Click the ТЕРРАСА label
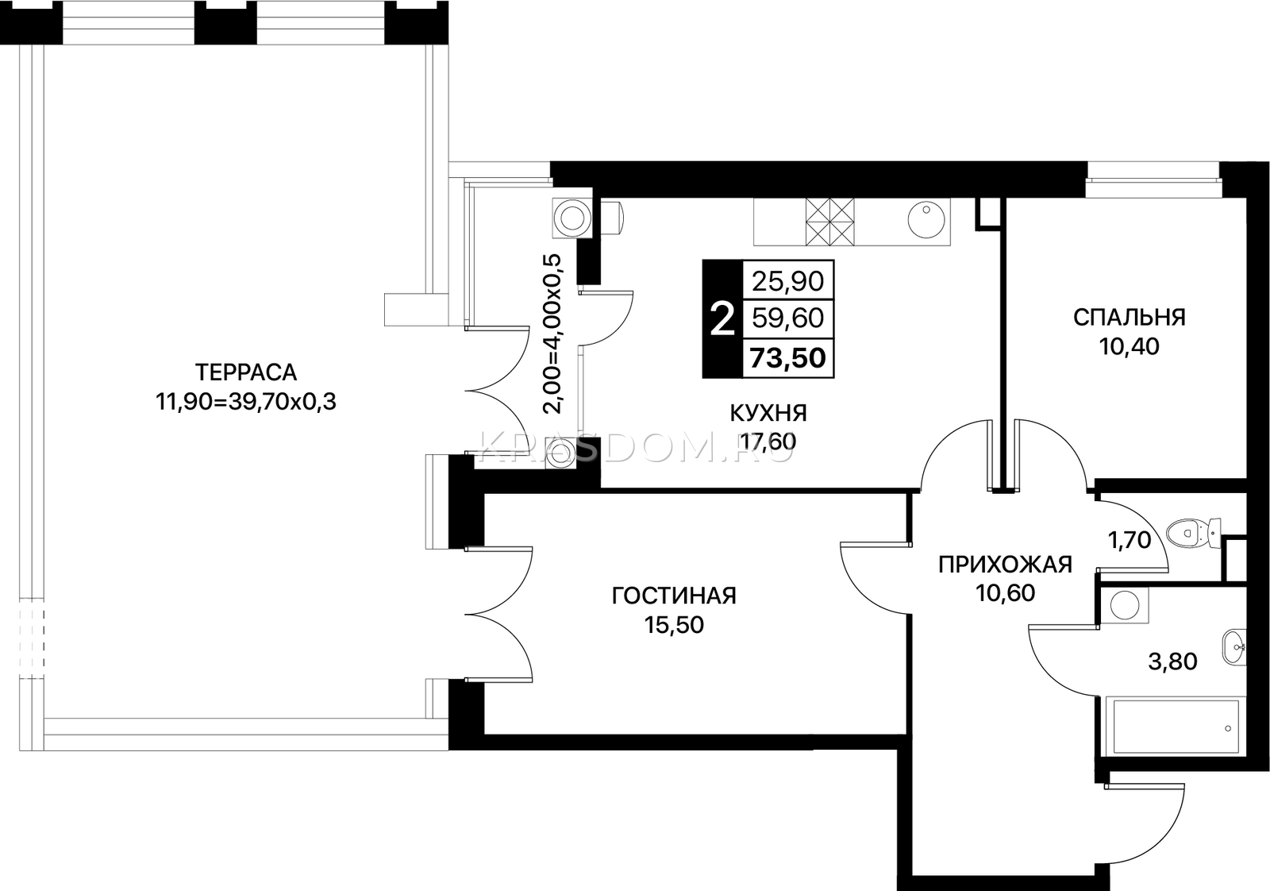coord(246,372)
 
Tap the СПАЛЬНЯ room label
coord(1130,318)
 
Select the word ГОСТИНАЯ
coord(674,596)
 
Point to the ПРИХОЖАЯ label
coord(1005,565)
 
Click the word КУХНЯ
coord(768,414)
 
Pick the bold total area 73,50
coord(787,358)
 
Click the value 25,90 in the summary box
coord(787,281)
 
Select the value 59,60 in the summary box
coord(787,318)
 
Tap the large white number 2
coord(722,320)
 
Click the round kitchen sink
coord(926,222)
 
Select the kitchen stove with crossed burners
coord(829,222)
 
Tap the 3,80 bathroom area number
coord(1172,661)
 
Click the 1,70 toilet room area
coord(1130,541)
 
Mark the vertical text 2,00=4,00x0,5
coord(552,334)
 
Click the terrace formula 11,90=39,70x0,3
coord(246,402)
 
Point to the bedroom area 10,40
coord(1130,346)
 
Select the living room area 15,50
coord(674,625)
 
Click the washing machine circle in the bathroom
coord(1125,605)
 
